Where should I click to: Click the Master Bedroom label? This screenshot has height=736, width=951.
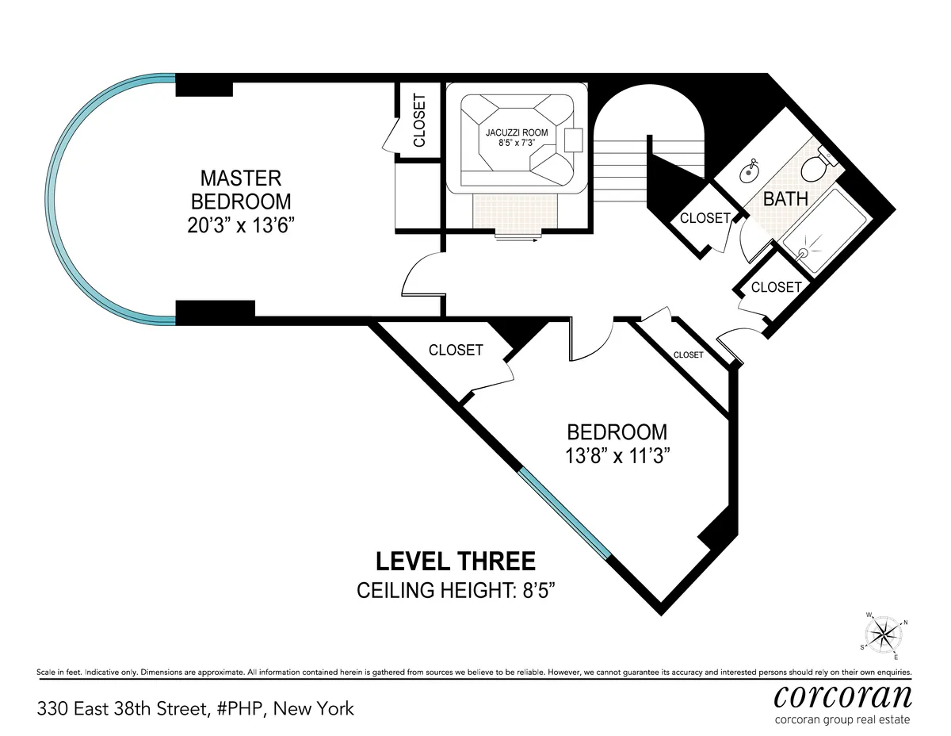click(240, 189)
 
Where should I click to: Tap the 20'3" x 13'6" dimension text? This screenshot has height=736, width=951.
click(240, 225)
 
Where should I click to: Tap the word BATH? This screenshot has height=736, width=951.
click(785, 199)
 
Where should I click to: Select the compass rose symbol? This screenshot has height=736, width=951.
click(884, 634)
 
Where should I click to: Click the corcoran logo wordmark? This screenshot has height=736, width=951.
click(842, 696)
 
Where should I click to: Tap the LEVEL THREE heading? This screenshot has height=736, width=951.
click(455, 562)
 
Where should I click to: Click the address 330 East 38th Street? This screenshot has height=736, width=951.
click(195, 708)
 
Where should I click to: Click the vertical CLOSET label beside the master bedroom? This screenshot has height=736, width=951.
click(419, 121)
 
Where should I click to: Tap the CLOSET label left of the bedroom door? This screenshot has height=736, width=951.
click(456, 350)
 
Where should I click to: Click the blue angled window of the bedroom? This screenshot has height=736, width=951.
click(564, 514)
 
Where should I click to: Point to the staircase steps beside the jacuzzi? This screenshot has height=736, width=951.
click(621, 159)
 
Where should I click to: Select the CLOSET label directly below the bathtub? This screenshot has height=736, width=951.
click(776, 287)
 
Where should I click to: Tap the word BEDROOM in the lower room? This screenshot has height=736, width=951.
click(617, 432)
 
